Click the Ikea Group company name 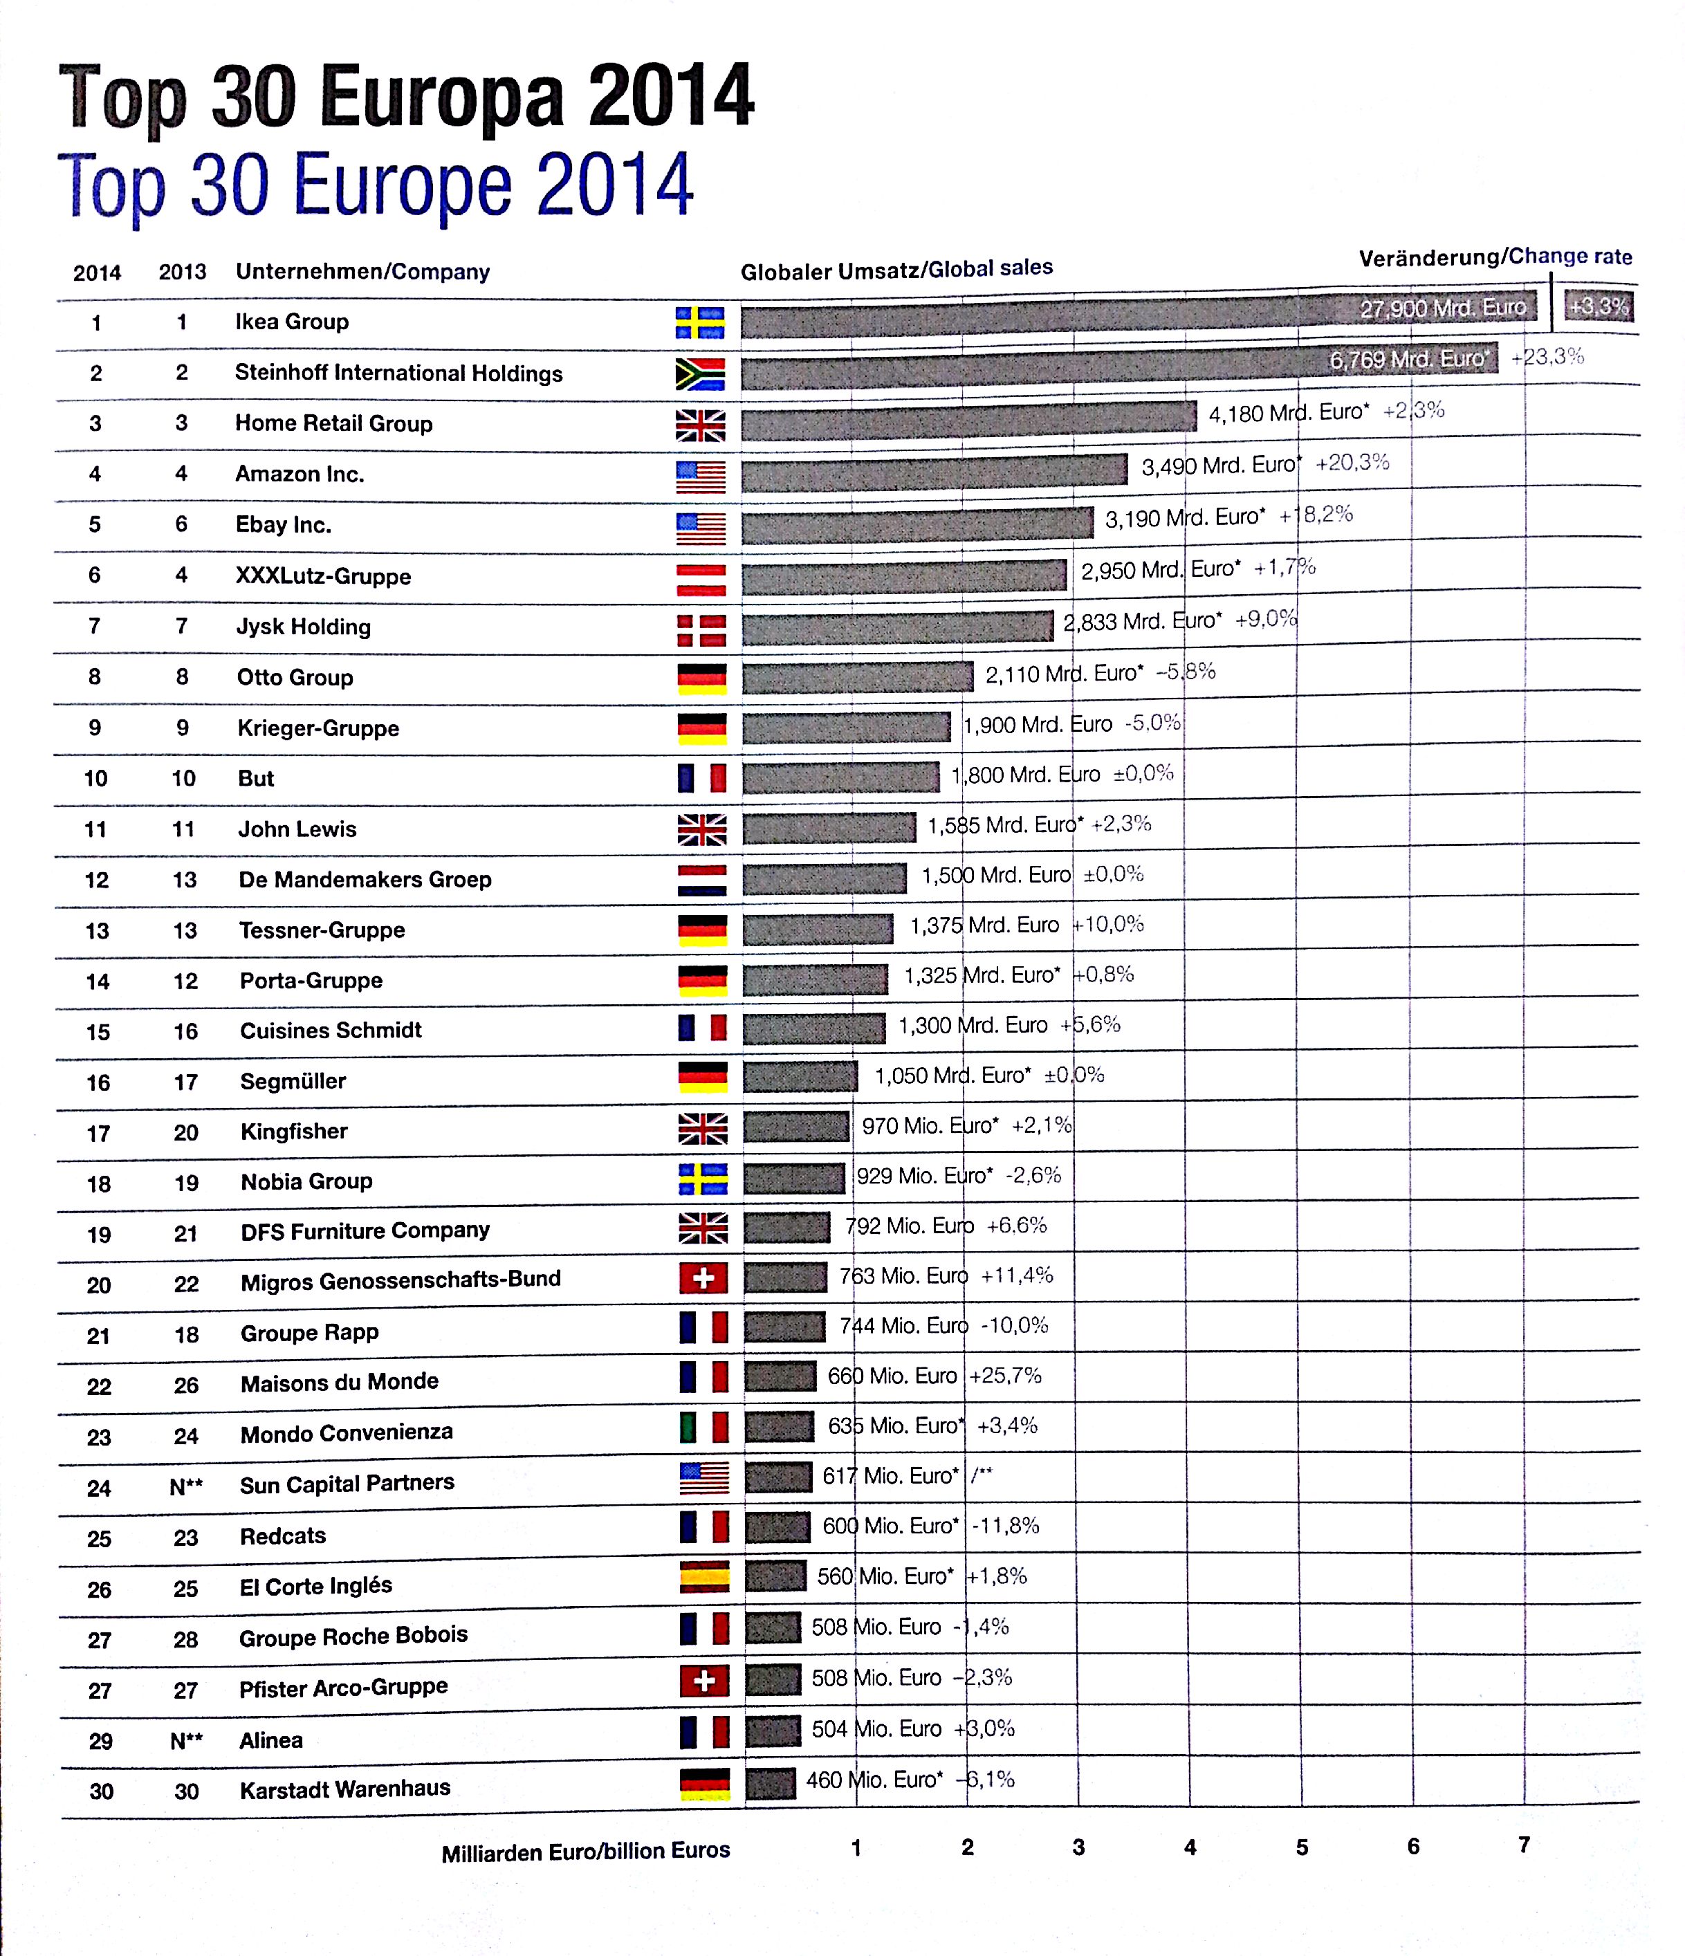click(x=292, y=322)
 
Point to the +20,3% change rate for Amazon click(x=1352, y=463)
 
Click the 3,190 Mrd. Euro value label click(x=1185, y=518)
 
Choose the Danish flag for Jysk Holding click(x=701, y=629)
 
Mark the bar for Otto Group click(x=857, y=677)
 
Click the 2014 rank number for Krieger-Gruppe click(x=94, y=728)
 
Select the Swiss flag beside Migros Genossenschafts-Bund click(x=703, y=1278)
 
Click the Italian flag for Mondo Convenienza click(x=704, y=1426)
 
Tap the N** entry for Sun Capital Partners click(x=186, y=1487)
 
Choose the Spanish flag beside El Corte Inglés click(x=704, y=1576)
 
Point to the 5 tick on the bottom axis click(x=1302, y=1847)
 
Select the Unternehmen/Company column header click(x=362, y=272)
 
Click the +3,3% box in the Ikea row click(x=1598, y=306)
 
